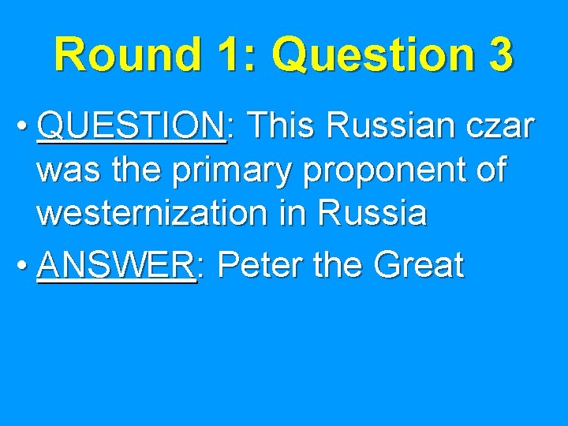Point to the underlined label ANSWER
115,266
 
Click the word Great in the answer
419,266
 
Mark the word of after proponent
488,170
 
